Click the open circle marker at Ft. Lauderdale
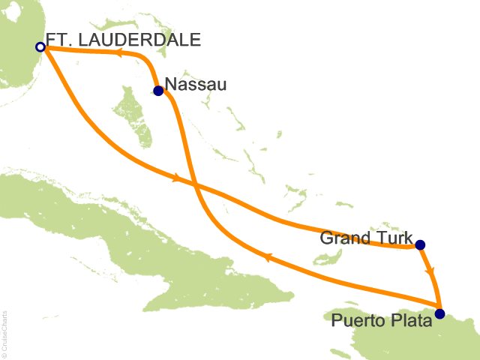(40, 47)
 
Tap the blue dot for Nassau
(158, 91)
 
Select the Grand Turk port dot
(420, 244)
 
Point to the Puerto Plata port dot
(439, 313)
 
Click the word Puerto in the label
(355, 321)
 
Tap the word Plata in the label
(411, 321)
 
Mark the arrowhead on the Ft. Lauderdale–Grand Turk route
(177, 178)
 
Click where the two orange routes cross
(194, 184)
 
